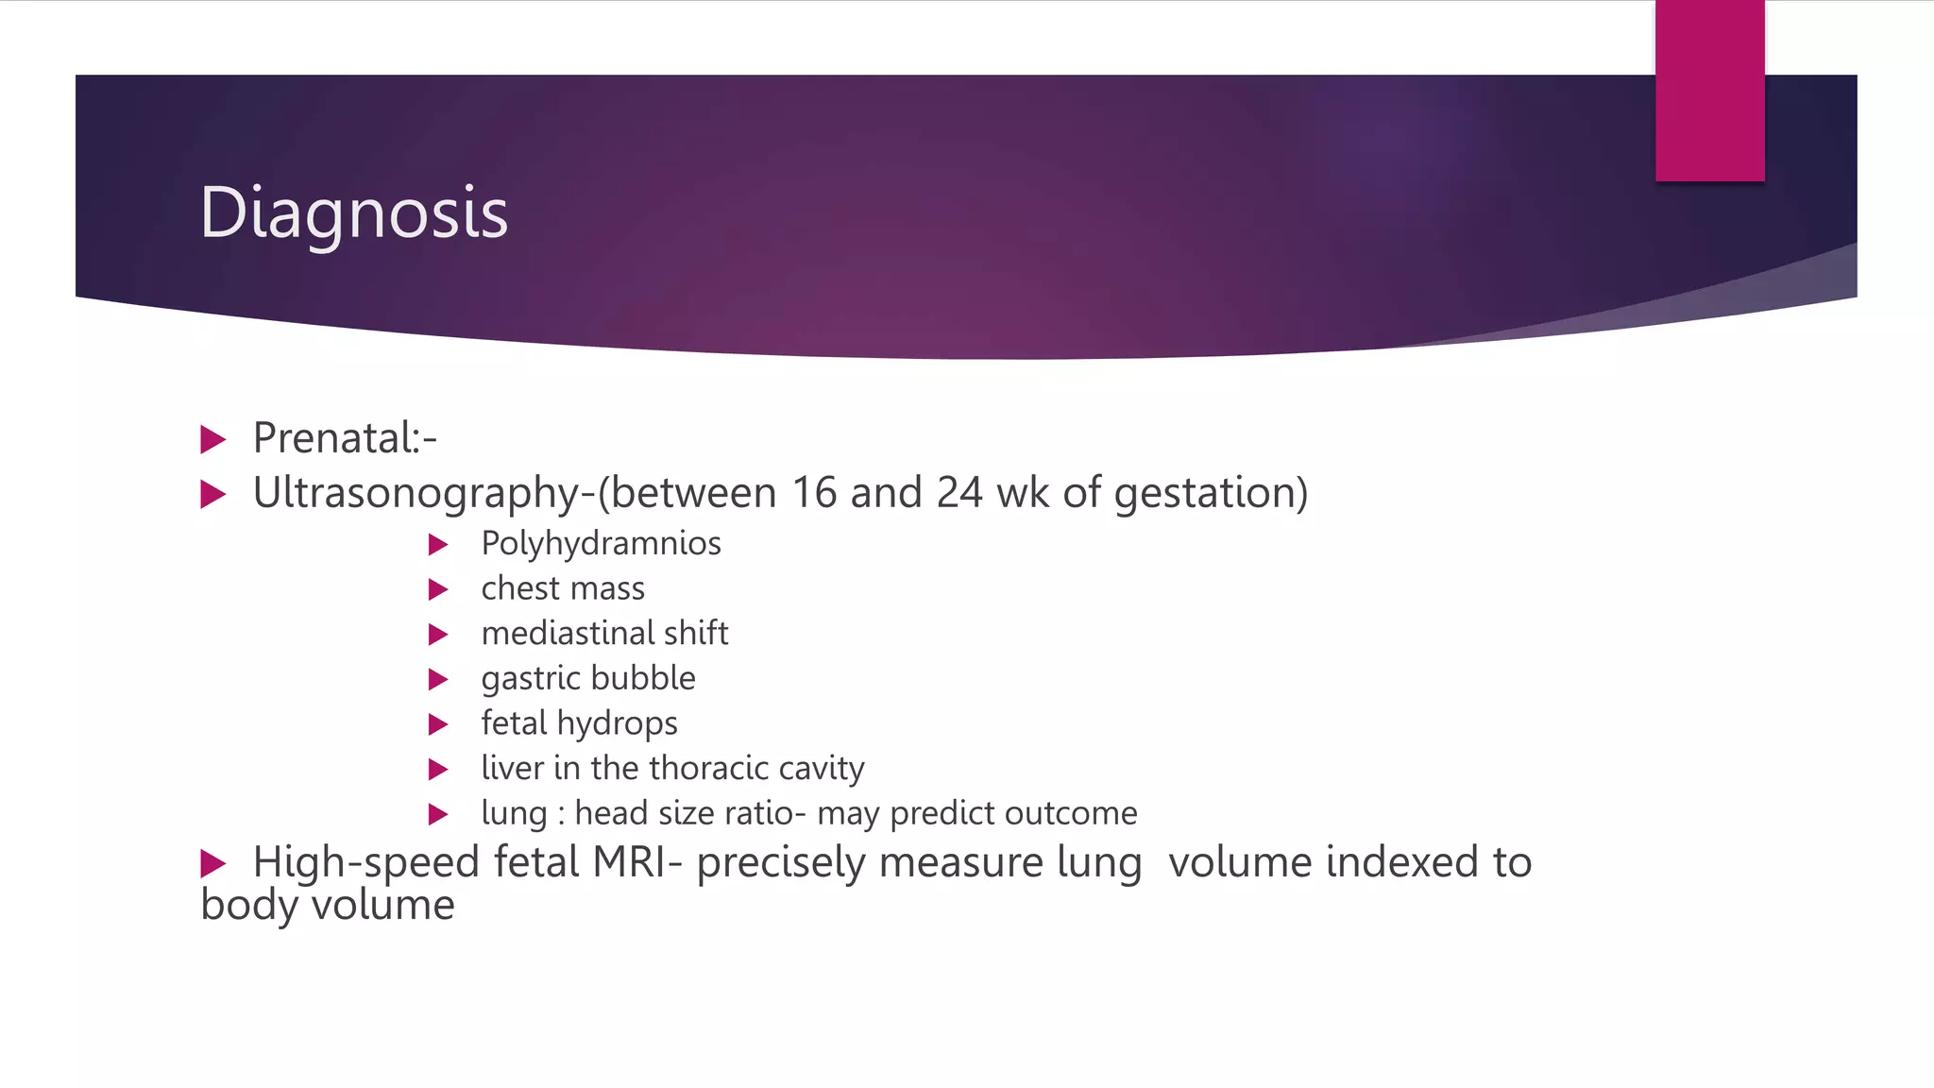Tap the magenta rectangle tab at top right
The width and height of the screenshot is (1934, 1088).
(1709, 91)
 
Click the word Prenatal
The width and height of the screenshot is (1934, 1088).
(336, 438)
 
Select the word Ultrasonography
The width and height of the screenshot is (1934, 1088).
(416, 494)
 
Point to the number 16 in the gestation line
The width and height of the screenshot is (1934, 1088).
(814, 493)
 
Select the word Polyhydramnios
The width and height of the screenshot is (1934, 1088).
(601, 544)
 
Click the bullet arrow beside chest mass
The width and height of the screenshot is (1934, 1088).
(437, 590)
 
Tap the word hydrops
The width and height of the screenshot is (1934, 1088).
(618, 724)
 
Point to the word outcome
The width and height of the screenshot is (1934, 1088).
(1071, 813)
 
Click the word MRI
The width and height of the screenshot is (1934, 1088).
(629, 862)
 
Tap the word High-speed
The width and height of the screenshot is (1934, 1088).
(366, 863)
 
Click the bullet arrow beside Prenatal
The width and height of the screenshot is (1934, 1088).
(213, 439)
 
